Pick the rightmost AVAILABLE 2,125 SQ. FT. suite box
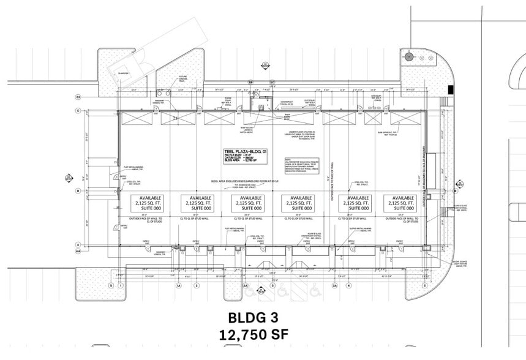[400, 204]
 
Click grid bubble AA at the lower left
[78, 251]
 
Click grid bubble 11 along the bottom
[111, 285]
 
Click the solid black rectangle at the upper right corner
[451, 90]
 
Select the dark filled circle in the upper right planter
[408, 57]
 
